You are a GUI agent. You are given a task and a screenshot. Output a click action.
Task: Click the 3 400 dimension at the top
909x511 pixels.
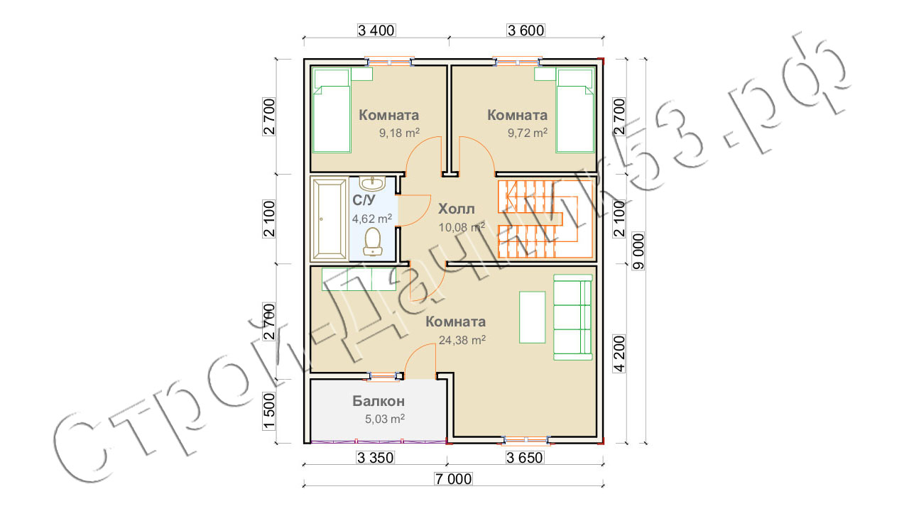point(376,31)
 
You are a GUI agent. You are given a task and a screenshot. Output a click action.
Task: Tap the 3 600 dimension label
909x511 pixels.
point(526,31)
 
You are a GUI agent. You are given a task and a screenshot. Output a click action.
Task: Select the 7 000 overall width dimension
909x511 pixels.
point(453,479)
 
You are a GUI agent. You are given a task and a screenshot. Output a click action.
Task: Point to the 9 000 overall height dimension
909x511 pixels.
point(638,251)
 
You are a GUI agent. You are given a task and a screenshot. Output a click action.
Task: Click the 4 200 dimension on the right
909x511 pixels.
point(619,353)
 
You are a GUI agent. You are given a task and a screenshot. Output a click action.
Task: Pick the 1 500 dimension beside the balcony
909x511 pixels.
point(269,411)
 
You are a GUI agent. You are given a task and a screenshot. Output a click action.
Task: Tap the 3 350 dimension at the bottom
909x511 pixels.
point(376,458)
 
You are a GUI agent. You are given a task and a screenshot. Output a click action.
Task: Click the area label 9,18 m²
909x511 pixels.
point(399,133)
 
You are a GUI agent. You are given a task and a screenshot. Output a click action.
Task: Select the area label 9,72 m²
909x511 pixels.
point(528,133)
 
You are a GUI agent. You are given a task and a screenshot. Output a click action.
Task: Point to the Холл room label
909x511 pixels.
point(456,209)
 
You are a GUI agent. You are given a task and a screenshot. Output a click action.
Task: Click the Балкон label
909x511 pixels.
point(379,401)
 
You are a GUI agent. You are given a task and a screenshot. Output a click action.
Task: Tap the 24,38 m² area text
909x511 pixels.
point(462,340)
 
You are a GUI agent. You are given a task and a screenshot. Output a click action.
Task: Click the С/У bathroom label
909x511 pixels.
point(364,200)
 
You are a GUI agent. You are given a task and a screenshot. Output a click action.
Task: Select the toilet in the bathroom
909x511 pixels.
point(372,242)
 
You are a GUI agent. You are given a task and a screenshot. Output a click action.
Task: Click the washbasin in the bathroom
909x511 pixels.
point(373,184)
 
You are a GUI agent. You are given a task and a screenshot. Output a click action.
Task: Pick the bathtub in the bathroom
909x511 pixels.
point(329,219)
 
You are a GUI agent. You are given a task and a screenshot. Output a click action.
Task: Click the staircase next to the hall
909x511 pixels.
point(545,219)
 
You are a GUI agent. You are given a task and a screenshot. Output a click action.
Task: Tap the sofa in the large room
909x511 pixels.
point(573,317)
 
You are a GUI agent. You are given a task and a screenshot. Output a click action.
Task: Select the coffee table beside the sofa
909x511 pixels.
point(532,317)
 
